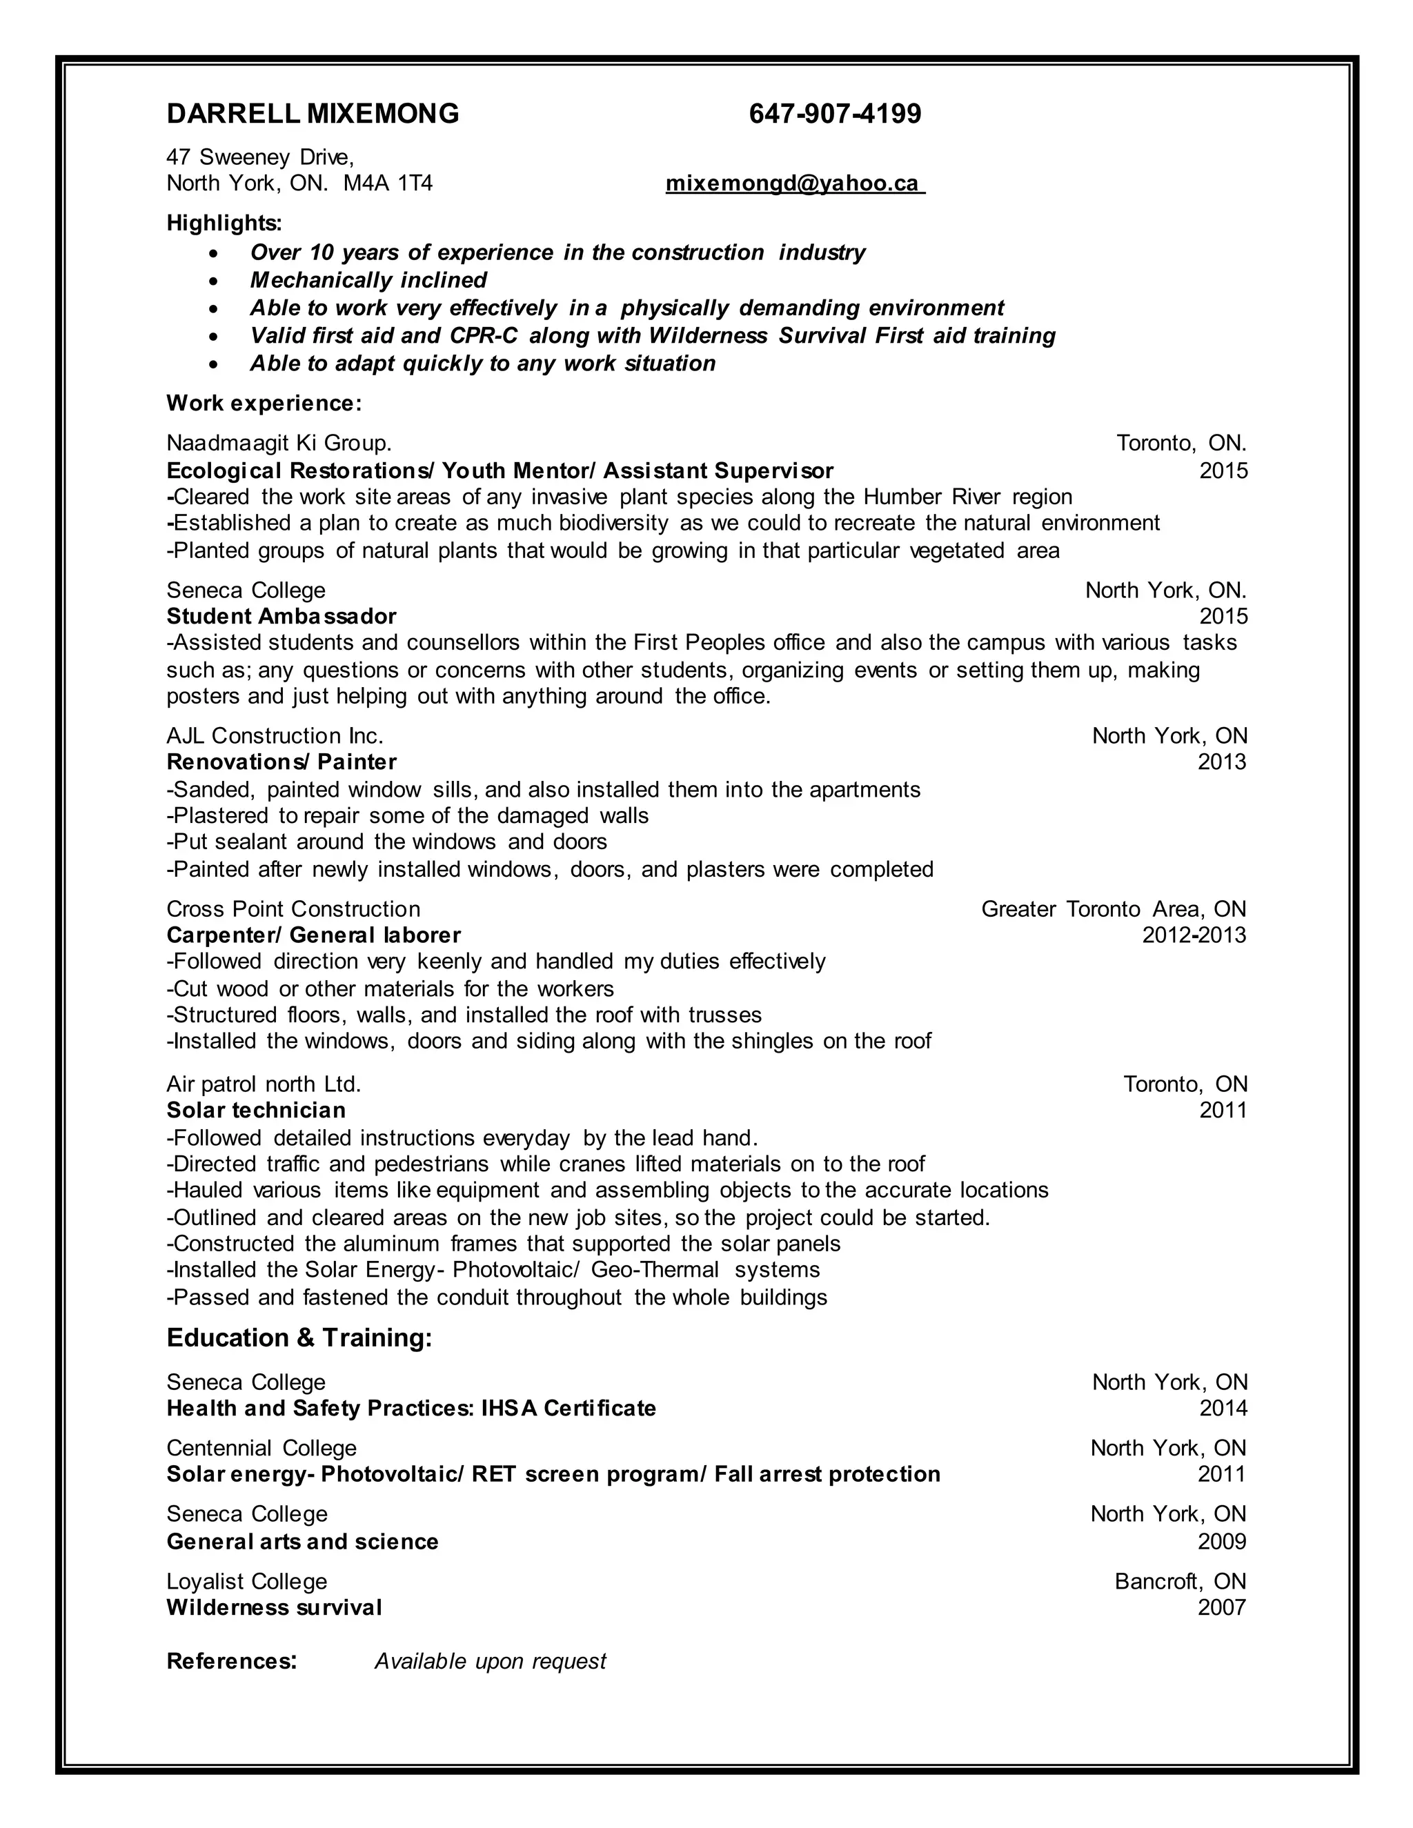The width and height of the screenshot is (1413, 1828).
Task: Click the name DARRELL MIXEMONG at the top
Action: coord(313,114)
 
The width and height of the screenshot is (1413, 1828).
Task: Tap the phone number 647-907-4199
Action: coord(835,114)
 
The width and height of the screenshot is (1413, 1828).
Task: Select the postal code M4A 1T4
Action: coord(388,183)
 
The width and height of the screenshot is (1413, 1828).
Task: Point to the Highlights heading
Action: coord(224,223)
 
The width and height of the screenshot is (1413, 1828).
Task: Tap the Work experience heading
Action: coord(264,404)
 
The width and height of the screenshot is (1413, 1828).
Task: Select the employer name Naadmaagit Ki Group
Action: coord(279,443)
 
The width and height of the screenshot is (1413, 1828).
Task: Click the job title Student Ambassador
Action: coord(281,617)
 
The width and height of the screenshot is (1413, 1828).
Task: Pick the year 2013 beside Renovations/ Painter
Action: coord(1221,762)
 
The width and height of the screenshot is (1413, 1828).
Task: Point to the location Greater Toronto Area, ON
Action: coord(1114,909)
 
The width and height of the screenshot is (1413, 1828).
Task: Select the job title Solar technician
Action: coord(256,1111)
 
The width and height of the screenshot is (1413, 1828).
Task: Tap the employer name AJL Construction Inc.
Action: coord(275,737)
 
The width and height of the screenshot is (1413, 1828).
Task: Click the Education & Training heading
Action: coord(299,1338)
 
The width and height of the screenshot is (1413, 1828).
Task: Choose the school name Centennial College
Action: coord(261,1448)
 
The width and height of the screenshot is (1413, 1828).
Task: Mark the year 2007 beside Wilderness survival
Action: coord(1221,1608)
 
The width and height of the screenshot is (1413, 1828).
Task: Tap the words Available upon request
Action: coord(490,1662)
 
